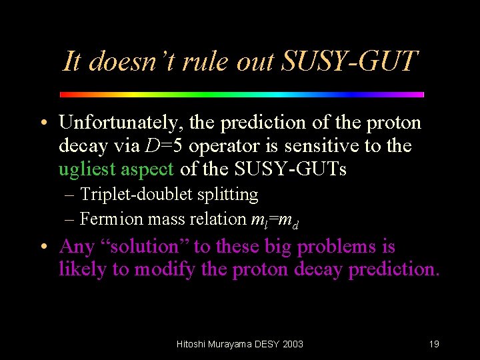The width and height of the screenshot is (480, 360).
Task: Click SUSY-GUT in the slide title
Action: pos(350,62)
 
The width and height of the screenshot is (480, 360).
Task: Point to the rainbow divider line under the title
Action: pos(242,95)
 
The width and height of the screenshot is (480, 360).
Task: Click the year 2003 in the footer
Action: pos(292,344)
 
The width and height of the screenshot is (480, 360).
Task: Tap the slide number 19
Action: pos(434,344)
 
